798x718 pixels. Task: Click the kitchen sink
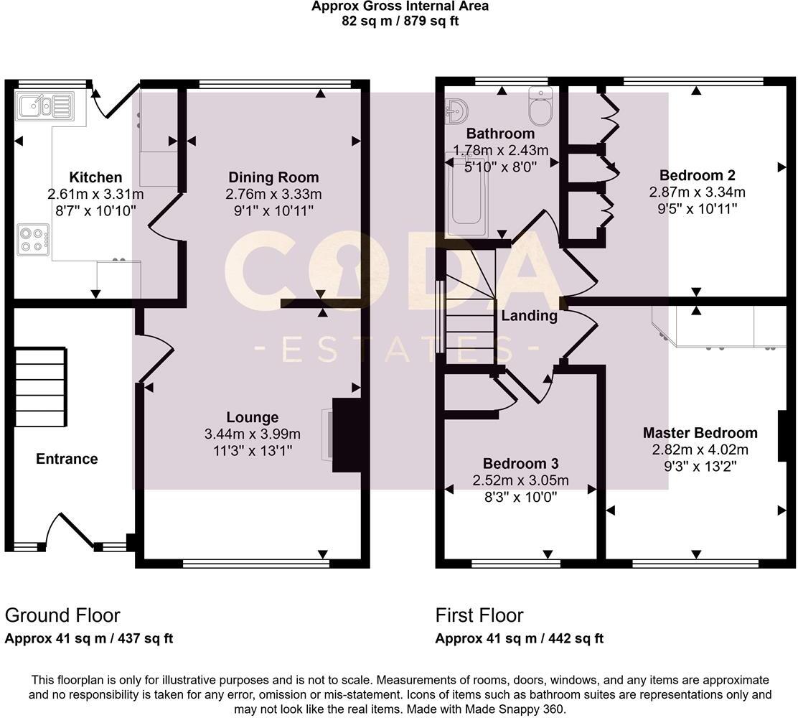(44, 106)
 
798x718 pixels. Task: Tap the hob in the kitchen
(33, 240)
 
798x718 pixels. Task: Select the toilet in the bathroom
(540, 106)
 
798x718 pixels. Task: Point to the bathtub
(466, 197)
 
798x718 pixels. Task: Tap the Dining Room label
(274, 177)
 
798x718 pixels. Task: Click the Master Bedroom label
(700, 433)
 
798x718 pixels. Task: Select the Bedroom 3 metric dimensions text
(520, 480)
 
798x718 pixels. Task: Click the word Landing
(530, 316)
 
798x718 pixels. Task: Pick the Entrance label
(67, 459)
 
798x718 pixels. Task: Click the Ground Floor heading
(62, 615)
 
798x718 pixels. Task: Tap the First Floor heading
(479, 615)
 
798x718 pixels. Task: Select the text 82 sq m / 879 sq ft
(400, 21)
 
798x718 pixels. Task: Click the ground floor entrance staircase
(40, 387)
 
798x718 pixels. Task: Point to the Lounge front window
(256, 564)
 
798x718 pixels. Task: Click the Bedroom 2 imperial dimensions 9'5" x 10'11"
(698, 208)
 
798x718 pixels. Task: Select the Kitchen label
(95, 177)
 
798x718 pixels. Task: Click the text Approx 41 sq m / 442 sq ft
(520, 638)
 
